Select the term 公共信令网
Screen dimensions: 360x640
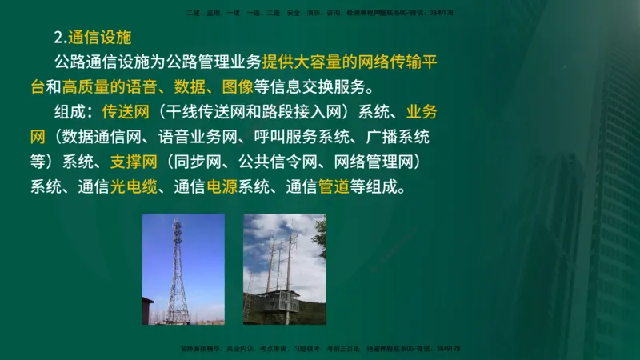pos(267,162)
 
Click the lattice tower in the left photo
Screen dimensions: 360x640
pos(178,272)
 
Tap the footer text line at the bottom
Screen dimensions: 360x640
pos(320,350)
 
